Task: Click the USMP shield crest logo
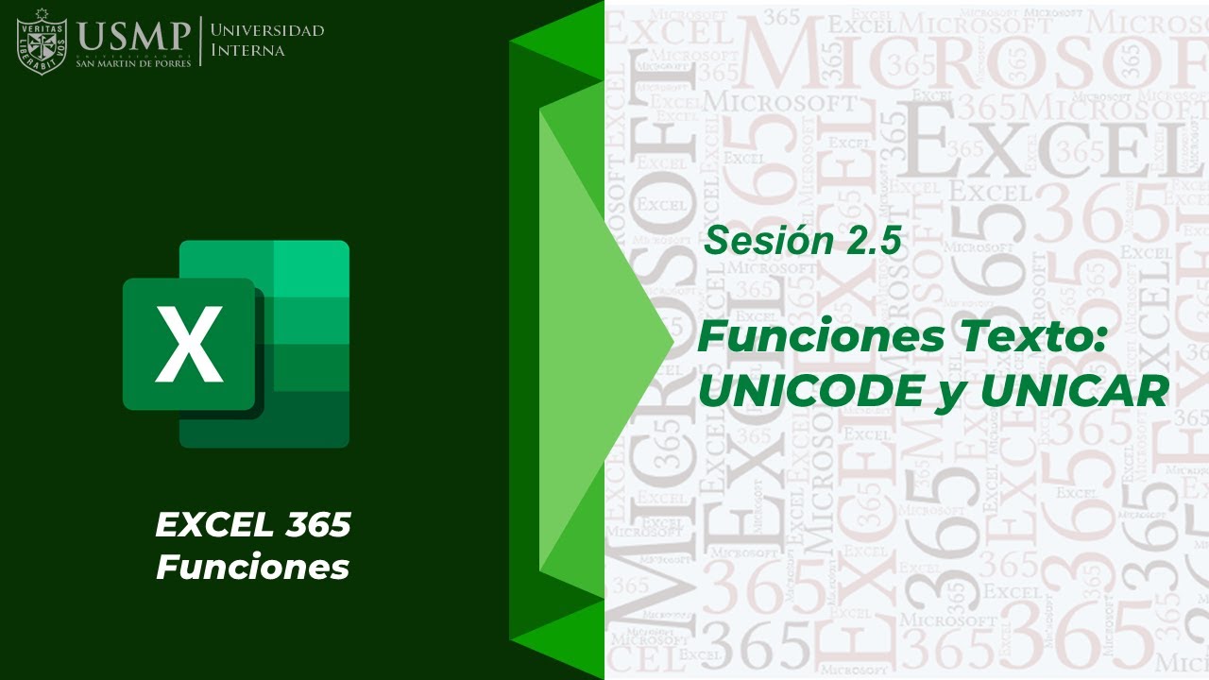42,42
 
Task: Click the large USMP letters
134,37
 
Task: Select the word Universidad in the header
267,30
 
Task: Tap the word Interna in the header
247,50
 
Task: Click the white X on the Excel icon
189,344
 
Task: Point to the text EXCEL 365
253,525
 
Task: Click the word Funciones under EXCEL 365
253,568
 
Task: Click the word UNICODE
809,390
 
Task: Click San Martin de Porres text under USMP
133,63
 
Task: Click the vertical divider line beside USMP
200,41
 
